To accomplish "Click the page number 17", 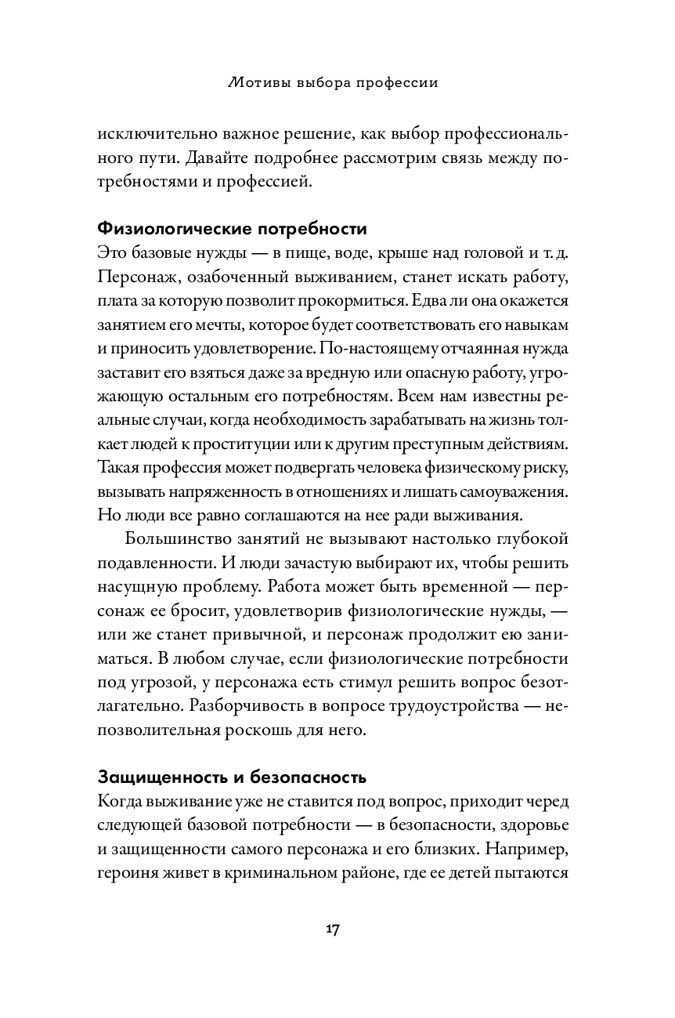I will (x=332, y=929).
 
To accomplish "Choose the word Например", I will (x=533, y=849).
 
